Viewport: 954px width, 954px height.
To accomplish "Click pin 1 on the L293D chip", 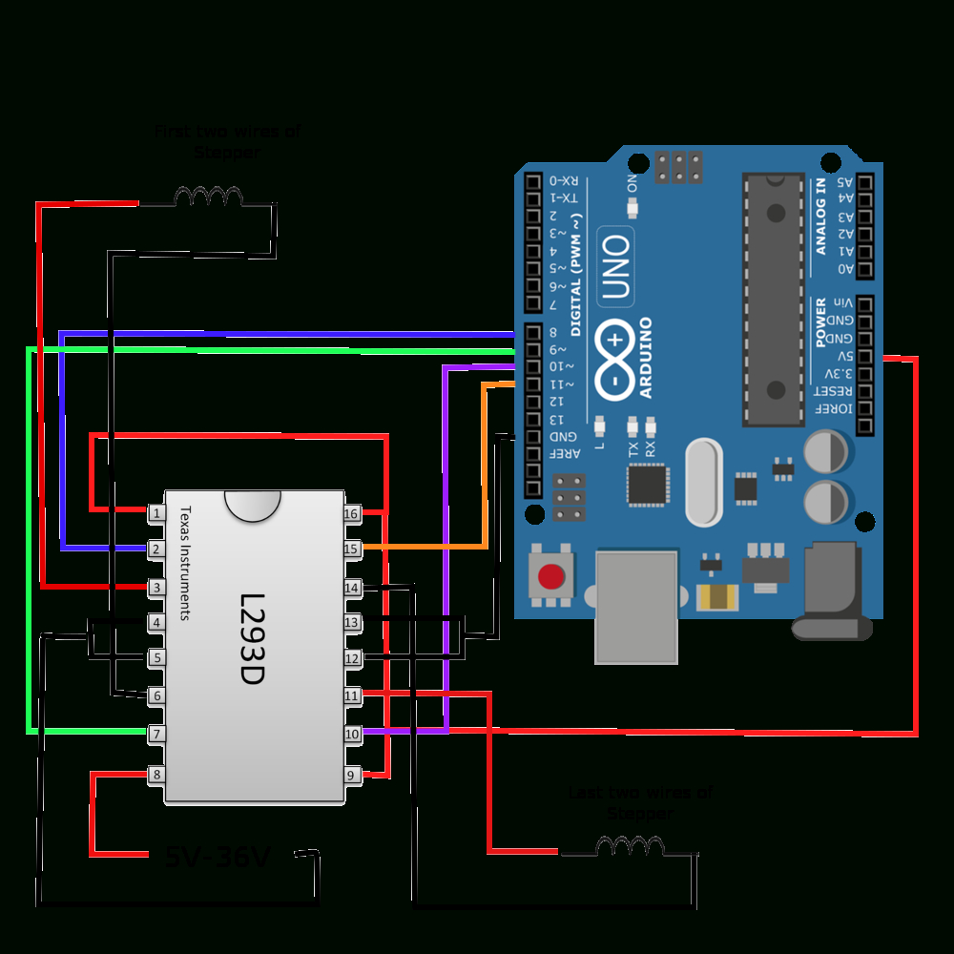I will click(156, 513).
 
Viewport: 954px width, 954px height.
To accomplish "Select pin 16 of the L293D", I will click(352, 513).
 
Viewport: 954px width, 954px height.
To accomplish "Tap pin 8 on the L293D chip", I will click(156, 776).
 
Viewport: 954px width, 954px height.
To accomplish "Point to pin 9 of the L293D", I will click(352, 776).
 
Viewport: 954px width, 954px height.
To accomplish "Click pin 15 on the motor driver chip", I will click(352, 550).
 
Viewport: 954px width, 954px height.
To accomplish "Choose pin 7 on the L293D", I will click(156, 734).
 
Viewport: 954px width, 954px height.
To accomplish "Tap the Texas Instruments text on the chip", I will click(185, 563).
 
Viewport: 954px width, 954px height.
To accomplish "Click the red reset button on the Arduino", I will click(550, 577).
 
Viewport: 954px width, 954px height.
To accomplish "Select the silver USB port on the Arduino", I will click(636, 606).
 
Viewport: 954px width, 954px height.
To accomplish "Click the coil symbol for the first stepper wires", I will click(208, 197).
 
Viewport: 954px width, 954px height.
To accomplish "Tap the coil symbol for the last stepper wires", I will click(630, 845).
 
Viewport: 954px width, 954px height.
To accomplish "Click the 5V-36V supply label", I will click(218, 858).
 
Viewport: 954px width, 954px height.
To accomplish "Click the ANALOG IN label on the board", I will click(819, 217).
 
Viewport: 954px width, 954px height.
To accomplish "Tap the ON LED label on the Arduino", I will click(632, 183).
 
